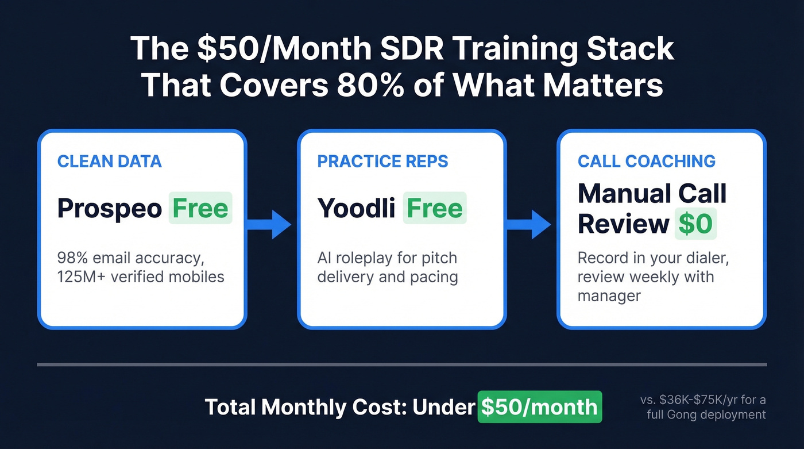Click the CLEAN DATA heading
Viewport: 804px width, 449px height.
[109, 161]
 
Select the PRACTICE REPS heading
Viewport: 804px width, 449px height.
[382, 161]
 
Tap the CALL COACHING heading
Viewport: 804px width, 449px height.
[647, 161]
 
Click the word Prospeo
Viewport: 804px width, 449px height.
[110, 208]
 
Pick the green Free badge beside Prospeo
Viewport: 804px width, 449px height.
[200, 208]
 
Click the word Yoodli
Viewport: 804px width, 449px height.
[356, 208]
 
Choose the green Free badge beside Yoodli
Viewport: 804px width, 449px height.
[435, 208]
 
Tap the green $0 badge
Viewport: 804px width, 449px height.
[695, 225]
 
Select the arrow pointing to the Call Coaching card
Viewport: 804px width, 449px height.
[531, 224]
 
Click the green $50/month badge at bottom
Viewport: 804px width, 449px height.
[540, 407]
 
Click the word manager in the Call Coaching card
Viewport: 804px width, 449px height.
[609, 297]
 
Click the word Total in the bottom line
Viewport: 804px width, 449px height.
[230, 407]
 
